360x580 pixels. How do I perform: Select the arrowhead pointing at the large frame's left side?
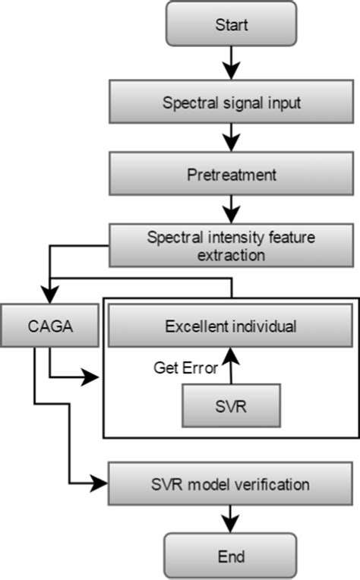94,375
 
